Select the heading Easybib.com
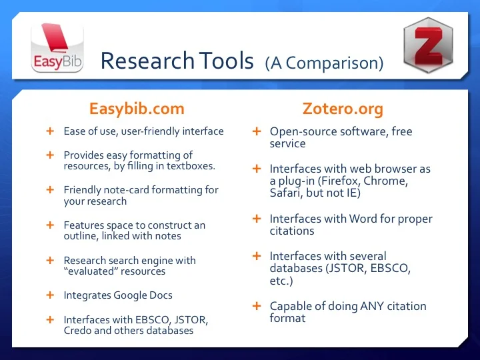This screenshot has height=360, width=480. click(x=136, y=109)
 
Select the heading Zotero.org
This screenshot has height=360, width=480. click(x=343, y=109)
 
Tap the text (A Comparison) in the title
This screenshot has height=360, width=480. click(x=324, y=63)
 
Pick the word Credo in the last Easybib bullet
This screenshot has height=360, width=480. click(x=78, y=331)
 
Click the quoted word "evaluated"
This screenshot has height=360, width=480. click(x=90, y=271)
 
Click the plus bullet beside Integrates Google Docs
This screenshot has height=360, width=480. click(x=49, y=295)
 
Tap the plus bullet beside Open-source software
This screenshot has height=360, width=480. click(x=256, y=131)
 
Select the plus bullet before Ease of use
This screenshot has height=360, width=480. click(x=49, y=131)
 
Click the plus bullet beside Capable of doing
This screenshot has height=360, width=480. click(x=256, y=306)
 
